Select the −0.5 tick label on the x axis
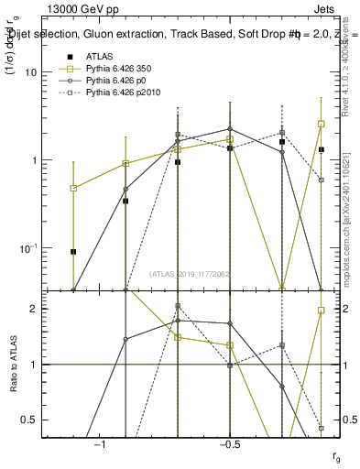click(x=229, y=444)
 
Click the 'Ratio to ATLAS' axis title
click(x=12, y=364)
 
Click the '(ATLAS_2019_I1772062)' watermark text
click(x=191, y=274)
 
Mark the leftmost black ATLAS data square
click(x=73, y=251)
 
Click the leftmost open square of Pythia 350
click(x=73, y=188)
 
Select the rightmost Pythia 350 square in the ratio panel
click(x=322, y=311)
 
